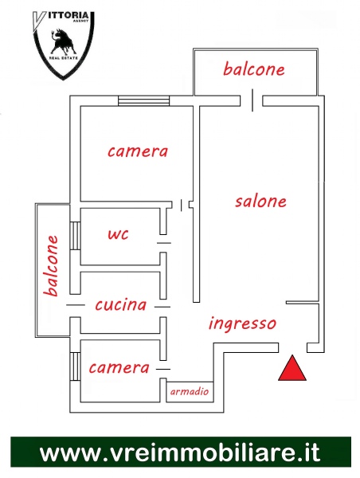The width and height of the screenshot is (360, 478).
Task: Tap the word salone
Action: (260, 202)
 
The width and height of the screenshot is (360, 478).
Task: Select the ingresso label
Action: (242, 323)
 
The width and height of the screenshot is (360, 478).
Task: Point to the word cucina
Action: (121, 305)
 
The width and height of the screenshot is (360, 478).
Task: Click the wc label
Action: (118, 234)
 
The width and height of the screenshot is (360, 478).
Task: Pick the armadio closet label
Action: (190, 391)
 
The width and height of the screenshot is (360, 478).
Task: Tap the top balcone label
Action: (254, 69)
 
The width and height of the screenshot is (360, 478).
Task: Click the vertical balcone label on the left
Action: (51, 265)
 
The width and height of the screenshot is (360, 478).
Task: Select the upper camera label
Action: (138, 151)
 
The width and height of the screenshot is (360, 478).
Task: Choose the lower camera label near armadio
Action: (119, 368)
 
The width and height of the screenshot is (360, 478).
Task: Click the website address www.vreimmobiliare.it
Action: (180, 453)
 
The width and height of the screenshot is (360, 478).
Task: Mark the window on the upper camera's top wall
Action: (144, 101)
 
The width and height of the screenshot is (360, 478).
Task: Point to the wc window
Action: (75, 236)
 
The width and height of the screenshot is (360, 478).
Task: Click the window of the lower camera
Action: (75, 366)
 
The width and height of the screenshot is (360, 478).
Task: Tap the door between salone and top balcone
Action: (252, 100)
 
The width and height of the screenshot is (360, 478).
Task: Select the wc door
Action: (164, 243)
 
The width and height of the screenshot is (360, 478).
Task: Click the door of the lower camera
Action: (163, 369)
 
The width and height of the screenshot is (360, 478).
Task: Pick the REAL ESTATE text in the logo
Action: (64, 58)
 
